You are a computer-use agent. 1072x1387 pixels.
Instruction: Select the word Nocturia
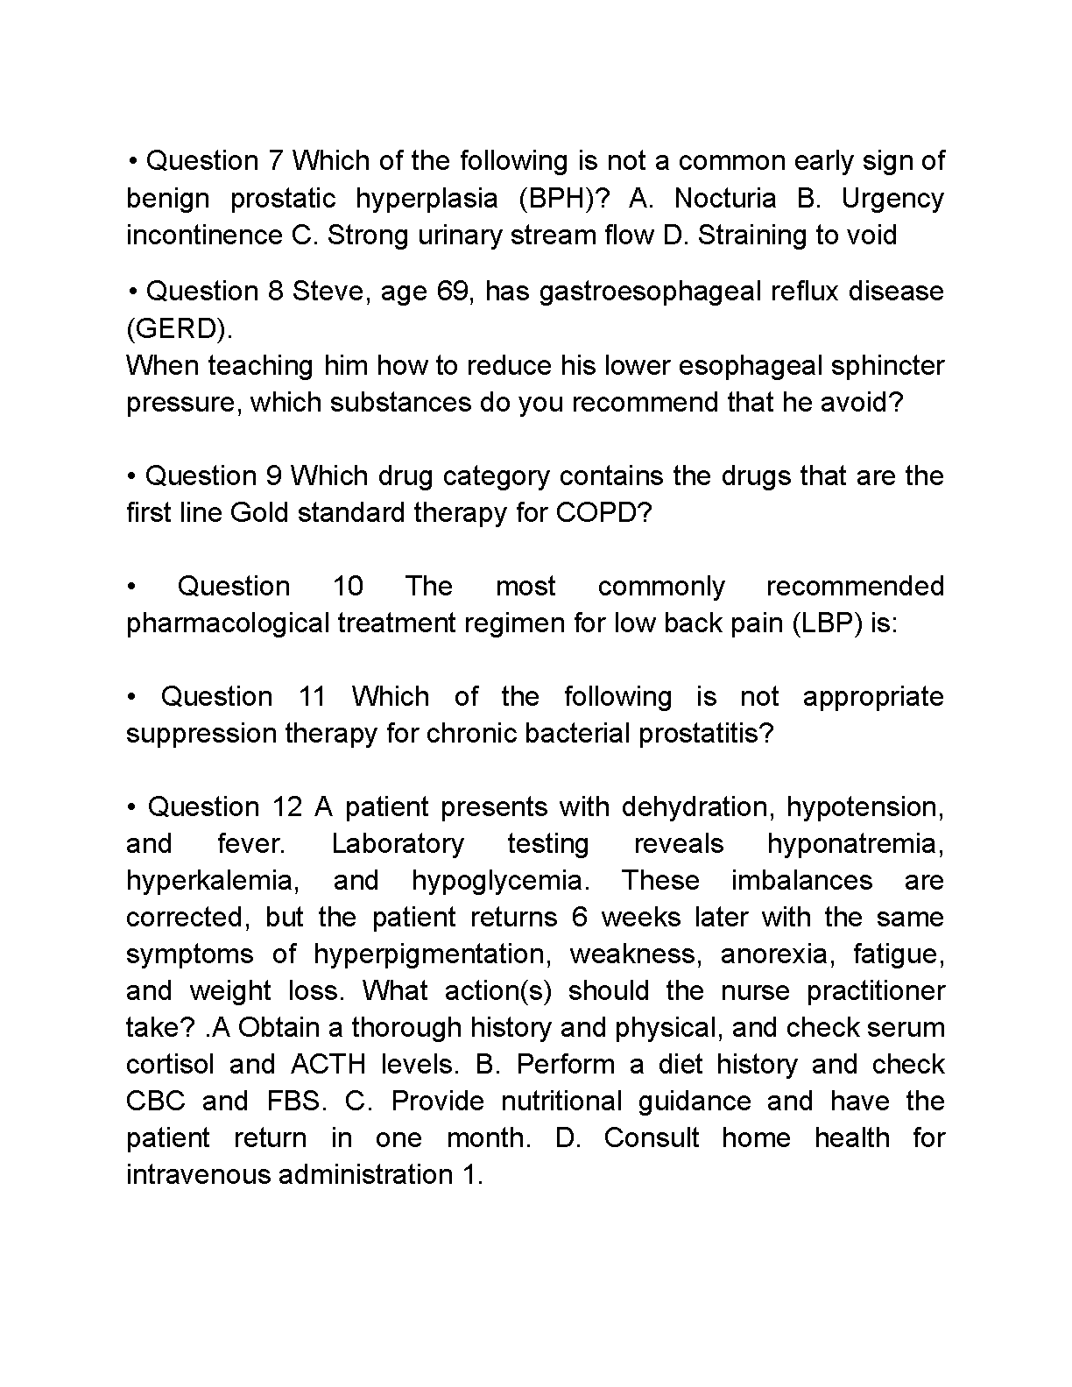pos(725,199)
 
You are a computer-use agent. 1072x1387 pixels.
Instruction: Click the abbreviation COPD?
pos(604,512)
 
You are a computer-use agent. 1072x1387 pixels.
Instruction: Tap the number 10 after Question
pos(348,586)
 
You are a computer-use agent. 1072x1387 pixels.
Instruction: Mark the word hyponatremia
pos(855,843)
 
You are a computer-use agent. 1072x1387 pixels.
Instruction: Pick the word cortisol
pos(170,1064)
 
